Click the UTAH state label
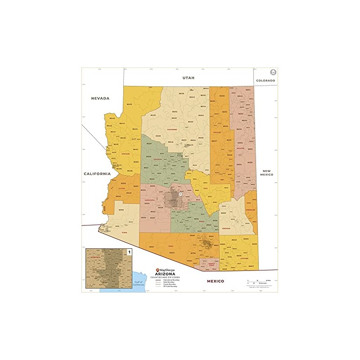tap(188, 78)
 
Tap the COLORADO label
tap(265, 80)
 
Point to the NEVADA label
tap(100, 98)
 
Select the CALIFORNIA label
tap(97, 173)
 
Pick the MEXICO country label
tap(215, 281)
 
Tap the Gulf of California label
tap(139, 283)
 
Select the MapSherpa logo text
tap(165, 268)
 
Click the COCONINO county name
tap(172, 129)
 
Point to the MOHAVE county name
tap(126, 153)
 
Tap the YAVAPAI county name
tap(157, 159)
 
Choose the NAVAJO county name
tap(217, 133)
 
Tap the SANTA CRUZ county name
tap(212, 264)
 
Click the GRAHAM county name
tap(227, 228)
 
